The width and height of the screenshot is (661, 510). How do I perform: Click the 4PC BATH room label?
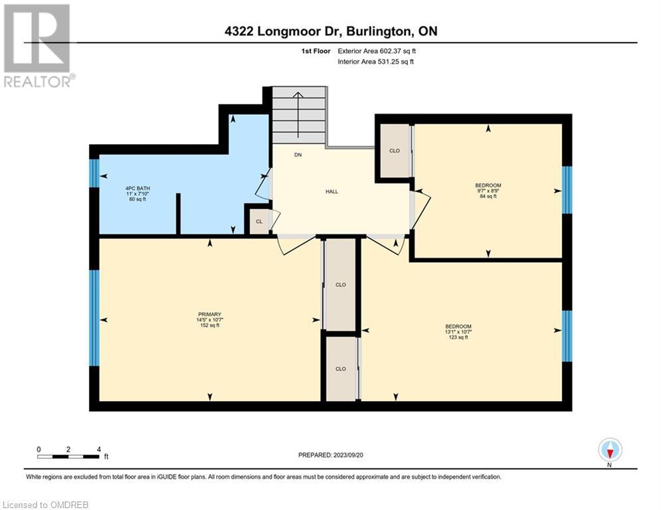coord(138,189)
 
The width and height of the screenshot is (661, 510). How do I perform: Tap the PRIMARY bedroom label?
coord(209,314)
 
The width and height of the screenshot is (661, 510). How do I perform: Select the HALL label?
coord(331,191)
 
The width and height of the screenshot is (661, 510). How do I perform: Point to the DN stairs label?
coord(298,155)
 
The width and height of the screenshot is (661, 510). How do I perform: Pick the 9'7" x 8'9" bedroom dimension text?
coord(488,191)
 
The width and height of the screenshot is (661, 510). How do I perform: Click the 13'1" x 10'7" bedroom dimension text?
coord(458,332)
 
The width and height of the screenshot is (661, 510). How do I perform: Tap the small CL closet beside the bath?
coord(259,221)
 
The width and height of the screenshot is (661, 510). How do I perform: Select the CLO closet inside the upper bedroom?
coord(395,151)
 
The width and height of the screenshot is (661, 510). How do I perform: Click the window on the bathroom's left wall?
coord(94,173)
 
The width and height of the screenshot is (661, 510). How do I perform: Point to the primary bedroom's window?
coord(94,318)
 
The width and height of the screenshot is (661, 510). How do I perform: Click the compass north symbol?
coord(610,451)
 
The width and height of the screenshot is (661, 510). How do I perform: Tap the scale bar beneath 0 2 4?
coord(68,456)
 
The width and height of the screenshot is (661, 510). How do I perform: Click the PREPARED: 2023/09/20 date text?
coord(331,455)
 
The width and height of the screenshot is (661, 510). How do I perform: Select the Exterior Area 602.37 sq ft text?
coord(377,51)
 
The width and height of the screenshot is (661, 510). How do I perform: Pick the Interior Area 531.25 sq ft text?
coord(375,62)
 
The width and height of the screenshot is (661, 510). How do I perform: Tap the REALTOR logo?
coord(38,46)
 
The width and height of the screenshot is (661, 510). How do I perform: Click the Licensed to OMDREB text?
coord(46,505)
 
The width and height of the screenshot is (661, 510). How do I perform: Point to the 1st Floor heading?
coord(316,51)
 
